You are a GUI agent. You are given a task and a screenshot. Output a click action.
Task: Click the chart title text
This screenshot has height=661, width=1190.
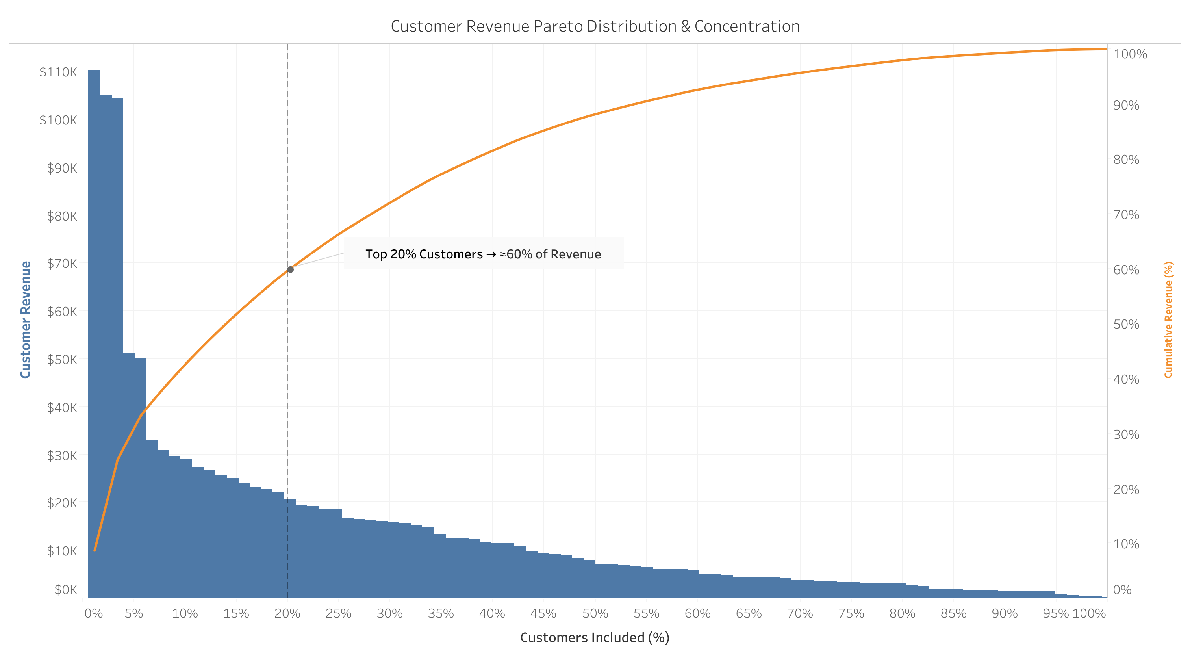click(x=595, y=26)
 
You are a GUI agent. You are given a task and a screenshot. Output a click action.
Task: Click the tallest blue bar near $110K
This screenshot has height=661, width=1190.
click(x=94, y=323)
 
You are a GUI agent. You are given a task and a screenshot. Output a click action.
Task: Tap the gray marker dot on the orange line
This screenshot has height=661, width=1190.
click(x=290, y=269)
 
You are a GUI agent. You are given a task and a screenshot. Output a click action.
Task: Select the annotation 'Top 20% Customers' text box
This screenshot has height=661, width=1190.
click(x=483, y=254)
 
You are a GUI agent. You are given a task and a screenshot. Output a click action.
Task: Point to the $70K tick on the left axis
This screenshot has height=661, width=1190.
click(x=62, y=264)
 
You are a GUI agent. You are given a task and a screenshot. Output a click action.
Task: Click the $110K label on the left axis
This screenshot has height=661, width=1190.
click(x=58, y=72)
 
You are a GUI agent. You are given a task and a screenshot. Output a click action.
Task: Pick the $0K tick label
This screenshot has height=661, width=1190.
click(x=66, y=589)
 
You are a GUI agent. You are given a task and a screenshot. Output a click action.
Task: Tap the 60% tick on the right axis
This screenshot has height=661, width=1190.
click(x=1126, y=269)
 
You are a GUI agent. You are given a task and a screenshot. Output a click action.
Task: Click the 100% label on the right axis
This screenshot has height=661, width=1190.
click(x=1130, y=54)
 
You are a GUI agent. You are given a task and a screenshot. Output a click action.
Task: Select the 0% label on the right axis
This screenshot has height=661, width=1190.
click(x=1122, y=589)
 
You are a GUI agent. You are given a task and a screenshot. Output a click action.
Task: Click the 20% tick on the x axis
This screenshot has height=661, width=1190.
click(x=287, y=613)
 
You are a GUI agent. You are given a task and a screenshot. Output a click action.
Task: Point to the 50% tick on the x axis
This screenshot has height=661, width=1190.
click(x=595, y=613)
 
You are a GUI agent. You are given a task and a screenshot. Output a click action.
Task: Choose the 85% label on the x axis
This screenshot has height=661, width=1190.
click(x=953, y=613)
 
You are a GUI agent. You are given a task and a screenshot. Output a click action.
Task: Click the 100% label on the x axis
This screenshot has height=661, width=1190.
click(x=1089, y=613)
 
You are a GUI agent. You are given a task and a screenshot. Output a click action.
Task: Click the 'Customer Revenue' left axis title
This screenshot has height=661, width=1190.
click(x=26, y=319)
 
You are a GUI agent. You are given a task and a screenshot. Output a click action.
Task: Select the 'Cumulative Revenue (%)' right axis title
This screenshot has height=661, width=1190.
click(x=1168, y=319)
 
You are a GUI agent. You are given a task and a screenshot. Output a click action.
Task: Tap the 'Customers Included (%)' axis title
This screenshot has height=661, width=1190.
click(x=595, y=637)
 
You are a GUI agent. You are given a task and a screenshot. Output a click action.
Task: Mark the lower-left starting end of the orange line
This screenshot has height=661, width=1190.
click(x=95, y=550)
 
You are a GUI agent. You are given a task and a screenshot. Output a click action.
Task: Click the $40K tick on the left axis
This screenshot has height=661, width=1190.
click(x=62, y=407)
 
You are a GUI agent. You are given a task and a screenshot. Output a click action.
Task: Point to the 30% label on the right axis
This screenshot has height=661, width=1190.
click(x=1126, y=434)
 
